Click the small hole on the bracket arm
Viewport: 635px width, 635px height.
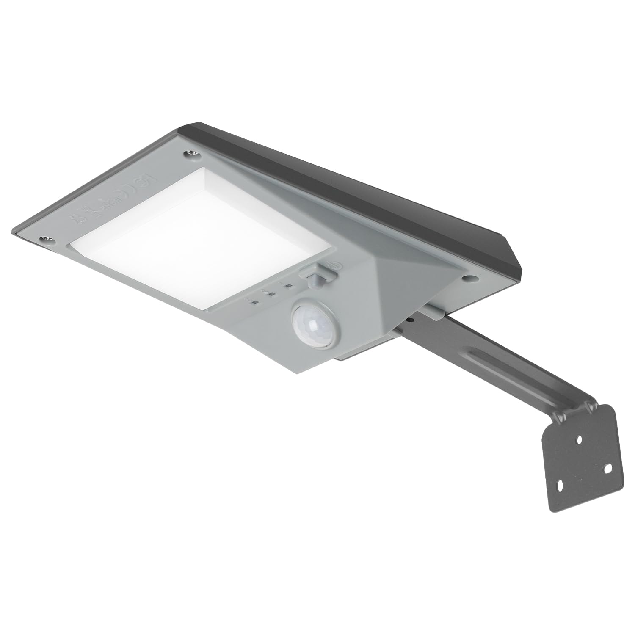point(410,320)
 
